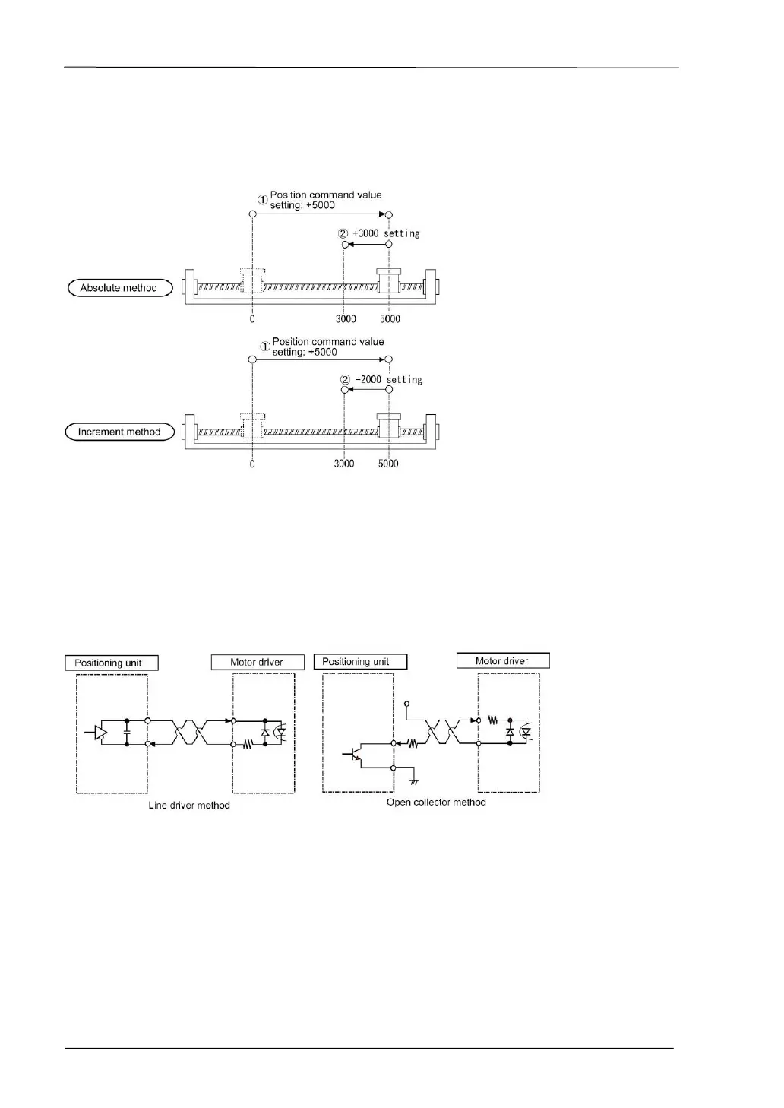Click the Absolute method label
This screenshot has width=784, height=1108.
[119, 288]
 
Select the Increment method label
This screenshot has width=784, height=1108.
[120, 432]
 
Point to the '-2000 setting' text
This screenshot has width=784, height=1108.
[389, 379]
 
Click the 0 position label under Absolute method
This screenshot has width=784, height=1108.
[252, 319]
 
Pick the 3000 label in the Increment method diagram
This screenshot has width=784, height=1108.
[344, 464]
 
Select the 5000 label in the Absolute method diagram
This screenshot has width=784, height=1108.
[390, 319]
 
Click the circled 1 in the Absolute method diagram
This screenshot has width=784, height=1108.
[261, 200]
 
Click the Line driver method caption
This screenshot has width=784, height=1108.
[189, 805]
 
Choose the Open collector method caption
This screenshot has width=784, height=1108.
[436, 802]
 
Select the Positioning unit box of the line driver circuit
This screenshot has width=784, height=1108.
[112, 663]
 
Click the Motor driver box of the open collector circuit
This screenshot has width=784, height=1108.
[502, 660]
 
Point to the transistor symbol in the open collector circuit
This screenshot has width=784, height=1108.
[355, 755]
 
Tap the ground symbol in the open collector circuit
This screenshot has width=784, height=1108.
[414, 780]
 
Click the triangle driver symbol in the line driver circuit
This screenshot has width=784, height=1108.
[100, 733]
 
